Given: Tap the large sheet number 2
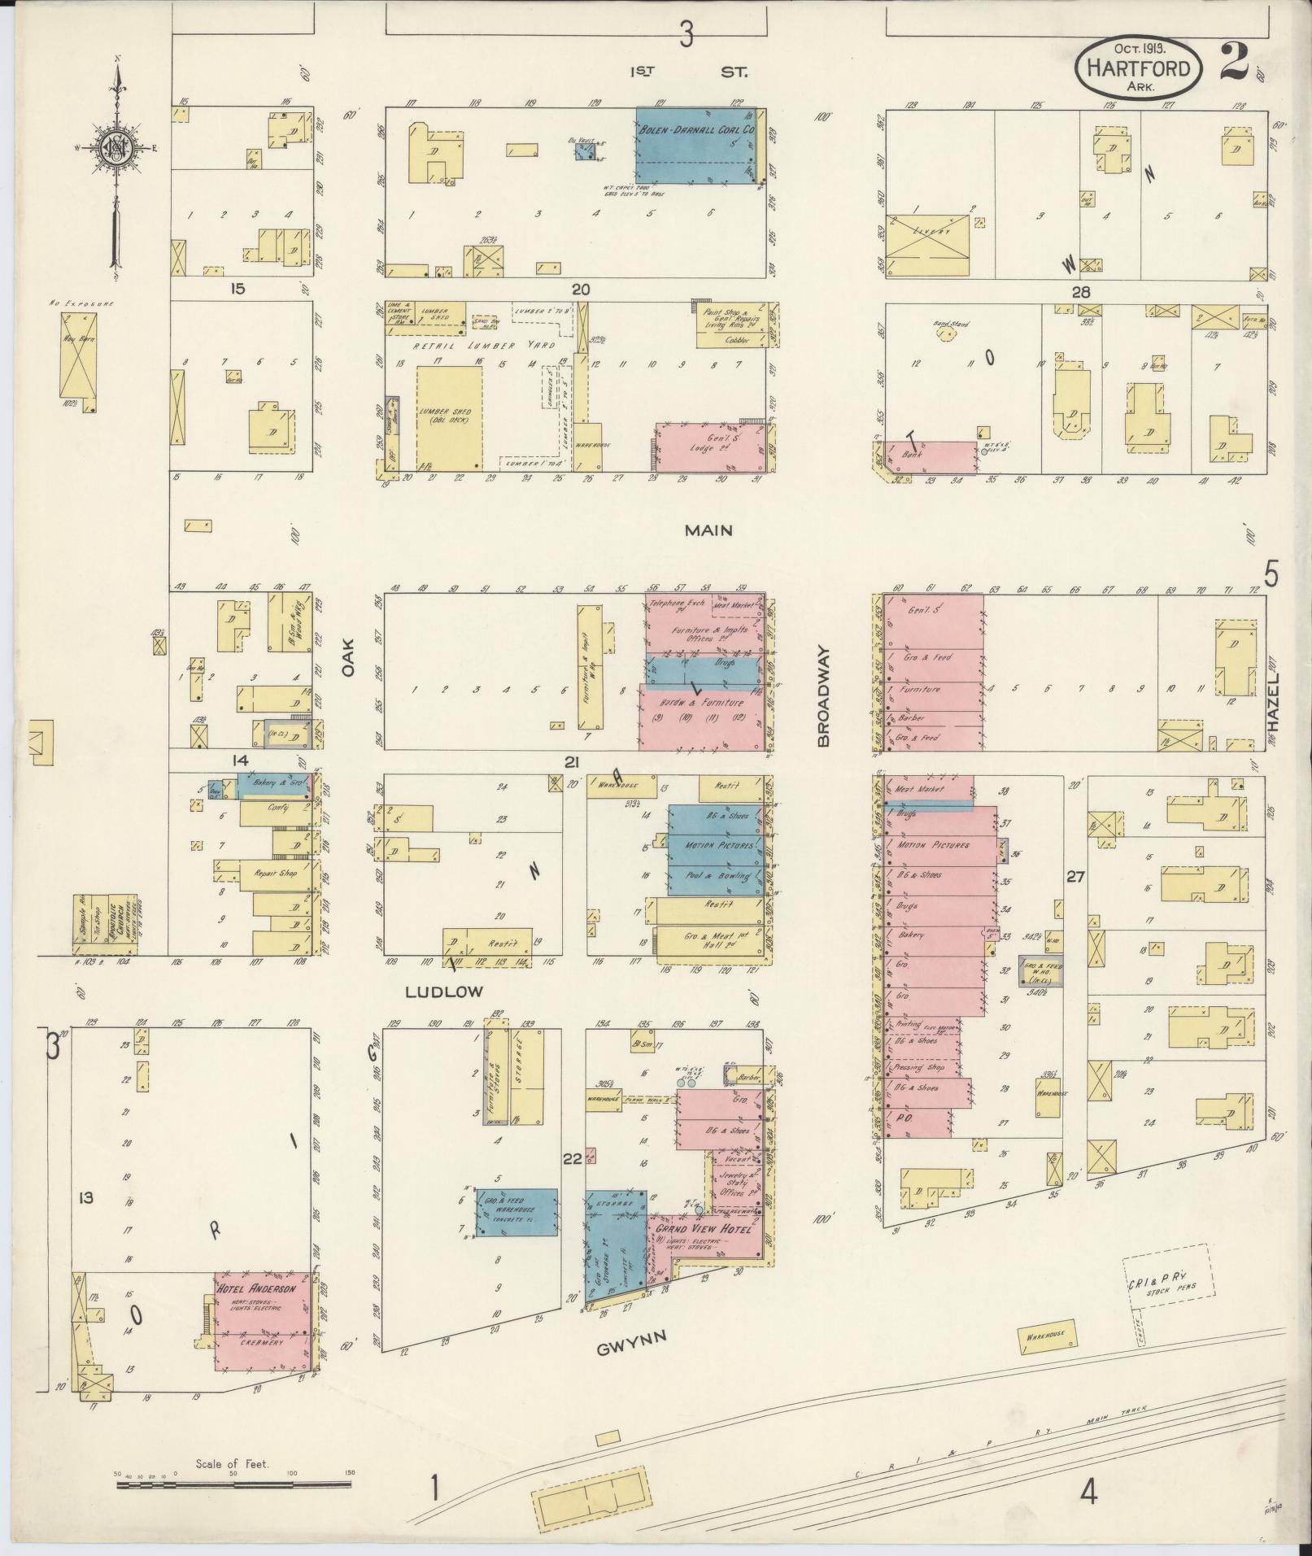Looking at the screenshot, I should [x=1234, y=62].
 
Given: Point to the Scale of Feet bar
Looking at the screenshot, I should [x=234, y=1484].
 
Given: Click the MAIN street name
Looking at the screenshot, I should [x=708, y=530].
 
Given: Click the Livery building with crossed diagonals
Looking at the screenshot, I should [x=931, y=244].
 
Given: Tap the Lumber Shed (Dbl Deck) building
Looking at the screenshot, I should [x=449, y=417].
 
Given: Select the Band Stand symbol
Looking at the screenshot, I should [x=944, y=334].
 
